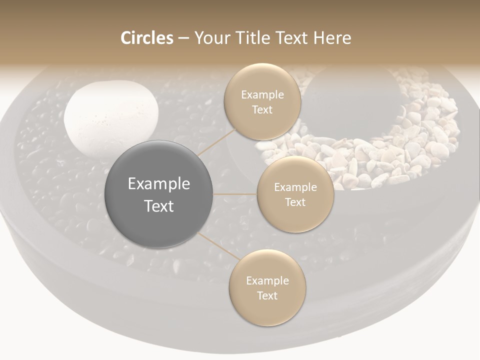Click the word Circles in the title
click(x=147, y=38)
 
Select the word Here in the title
click(x=332, y=38)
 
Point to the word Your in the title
click(x=211, y=38)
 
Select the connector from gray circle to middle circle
click(x=235, y=194)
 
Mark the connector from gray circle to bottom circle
click(x=218, y=246)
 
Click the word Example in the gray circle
click(x=158, y=184)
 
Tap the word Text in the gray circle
click(x=158, y=206)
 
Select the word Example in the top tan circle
click(x=262, y=95)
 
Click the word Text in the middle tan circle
click(x=295, y=202)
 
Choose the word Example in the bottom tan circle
click(x=267, y=281)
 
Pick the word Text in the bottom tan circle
click(x=267, y=295)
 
